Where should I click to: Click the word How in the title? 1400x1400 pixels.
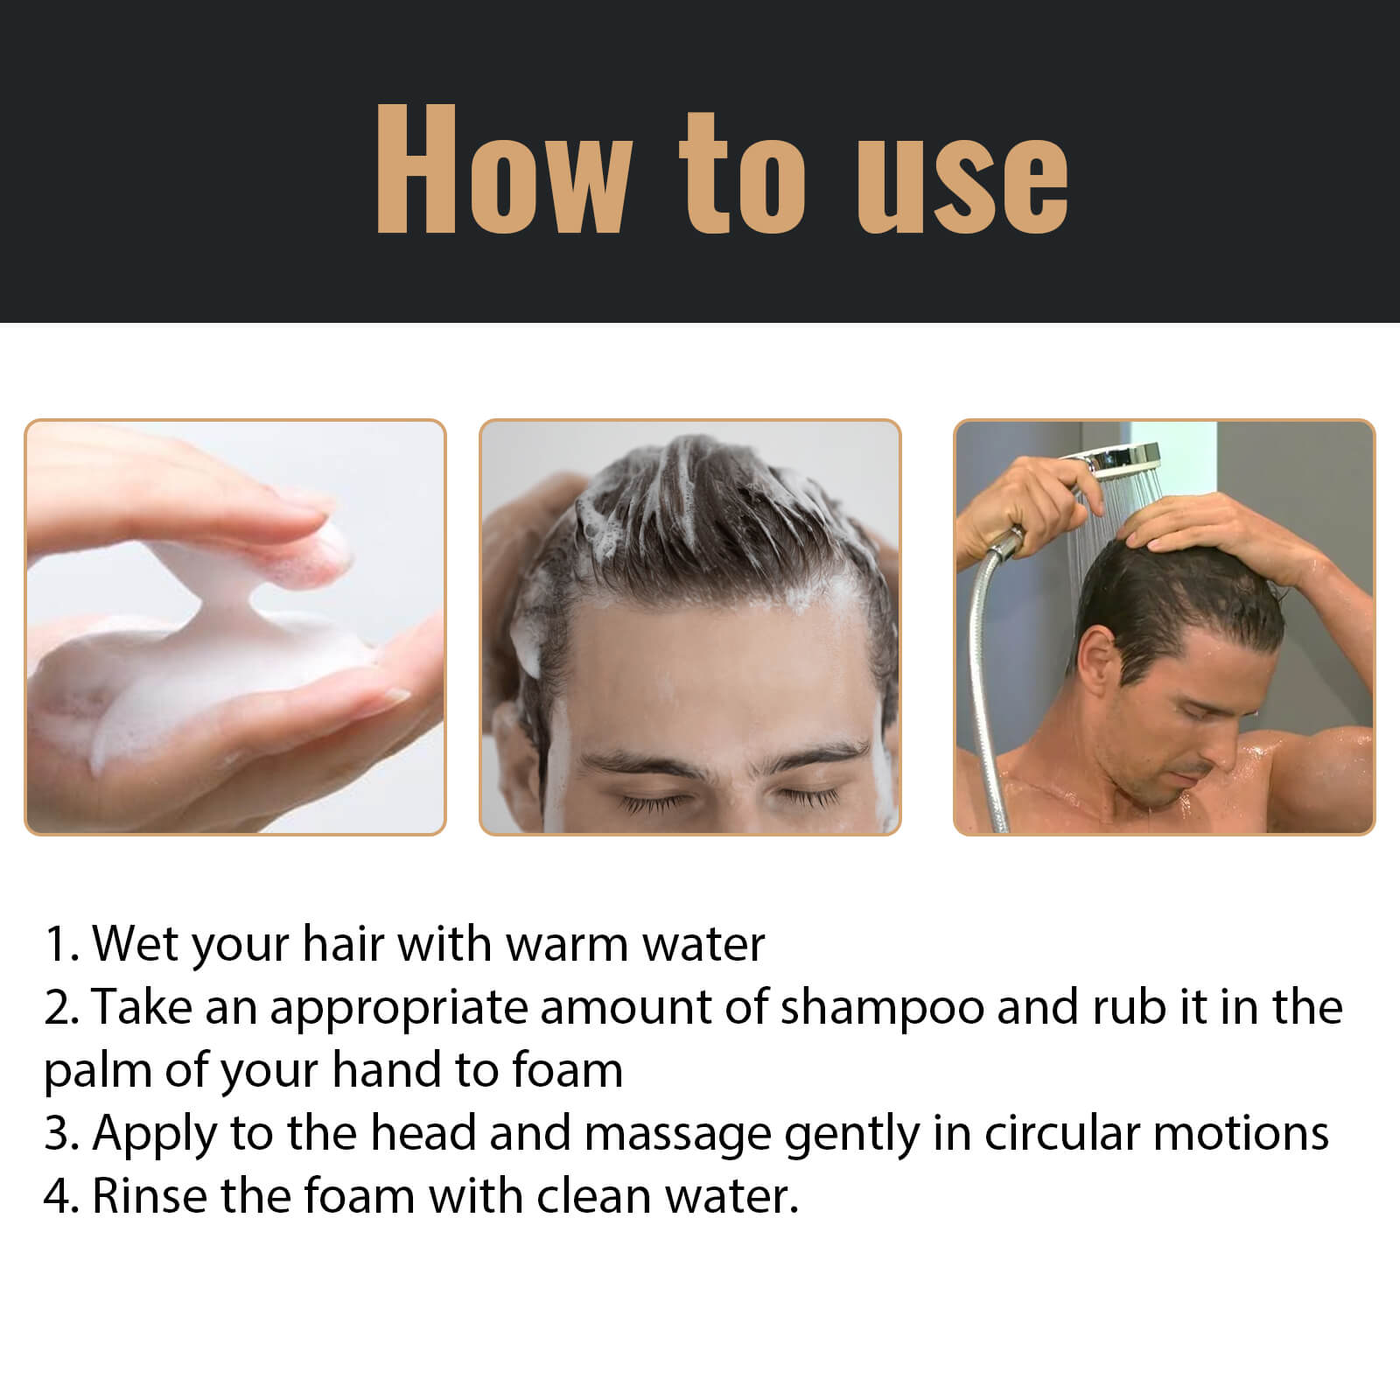coord(501,171)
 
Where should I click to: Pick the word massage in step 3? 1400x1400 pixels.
coord(677,1134)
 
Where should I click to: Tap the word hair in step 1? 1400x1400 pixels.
coord(343,945)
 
